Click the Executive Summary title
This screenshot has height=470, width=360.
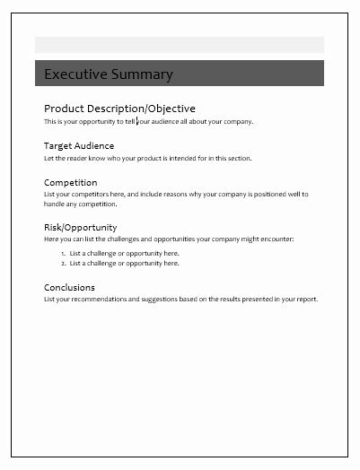(x=109, y=74)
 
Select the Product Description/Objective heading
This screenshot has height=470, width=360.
(x=119, y=109)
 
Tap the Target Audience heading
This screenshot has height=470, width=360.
(x=79, y=145)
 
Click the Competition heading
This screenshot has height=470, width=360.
(x=71, y=182)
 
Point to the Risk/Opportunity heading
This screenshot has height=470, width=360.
(x=80, y=227)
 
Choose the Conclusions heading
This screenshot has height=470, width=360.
(x=69, y=287)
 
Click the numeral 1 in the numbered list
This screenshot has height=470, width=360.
(x=63, y=254)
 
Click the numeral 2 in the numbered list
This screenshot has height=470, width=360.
(x=63, y=264)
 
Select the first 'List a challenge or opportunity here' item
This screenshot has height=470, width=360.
(x=124, y=254)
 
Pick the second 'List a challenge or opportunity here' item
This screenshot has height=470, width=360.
(x=124, y=264)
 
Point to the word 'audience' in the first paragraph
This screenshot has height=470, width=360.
(x=164, y=121)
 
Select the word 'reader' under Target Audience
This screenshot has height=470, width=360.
(x=74, y=158)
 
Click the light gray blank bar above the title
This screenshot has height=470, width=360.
(x=179, y=45)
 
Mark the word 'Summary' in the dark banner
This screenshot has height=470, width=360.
(x=143, y=74)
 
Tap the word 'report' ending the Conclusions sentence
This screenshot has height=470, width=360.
(x=307, y=299)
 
